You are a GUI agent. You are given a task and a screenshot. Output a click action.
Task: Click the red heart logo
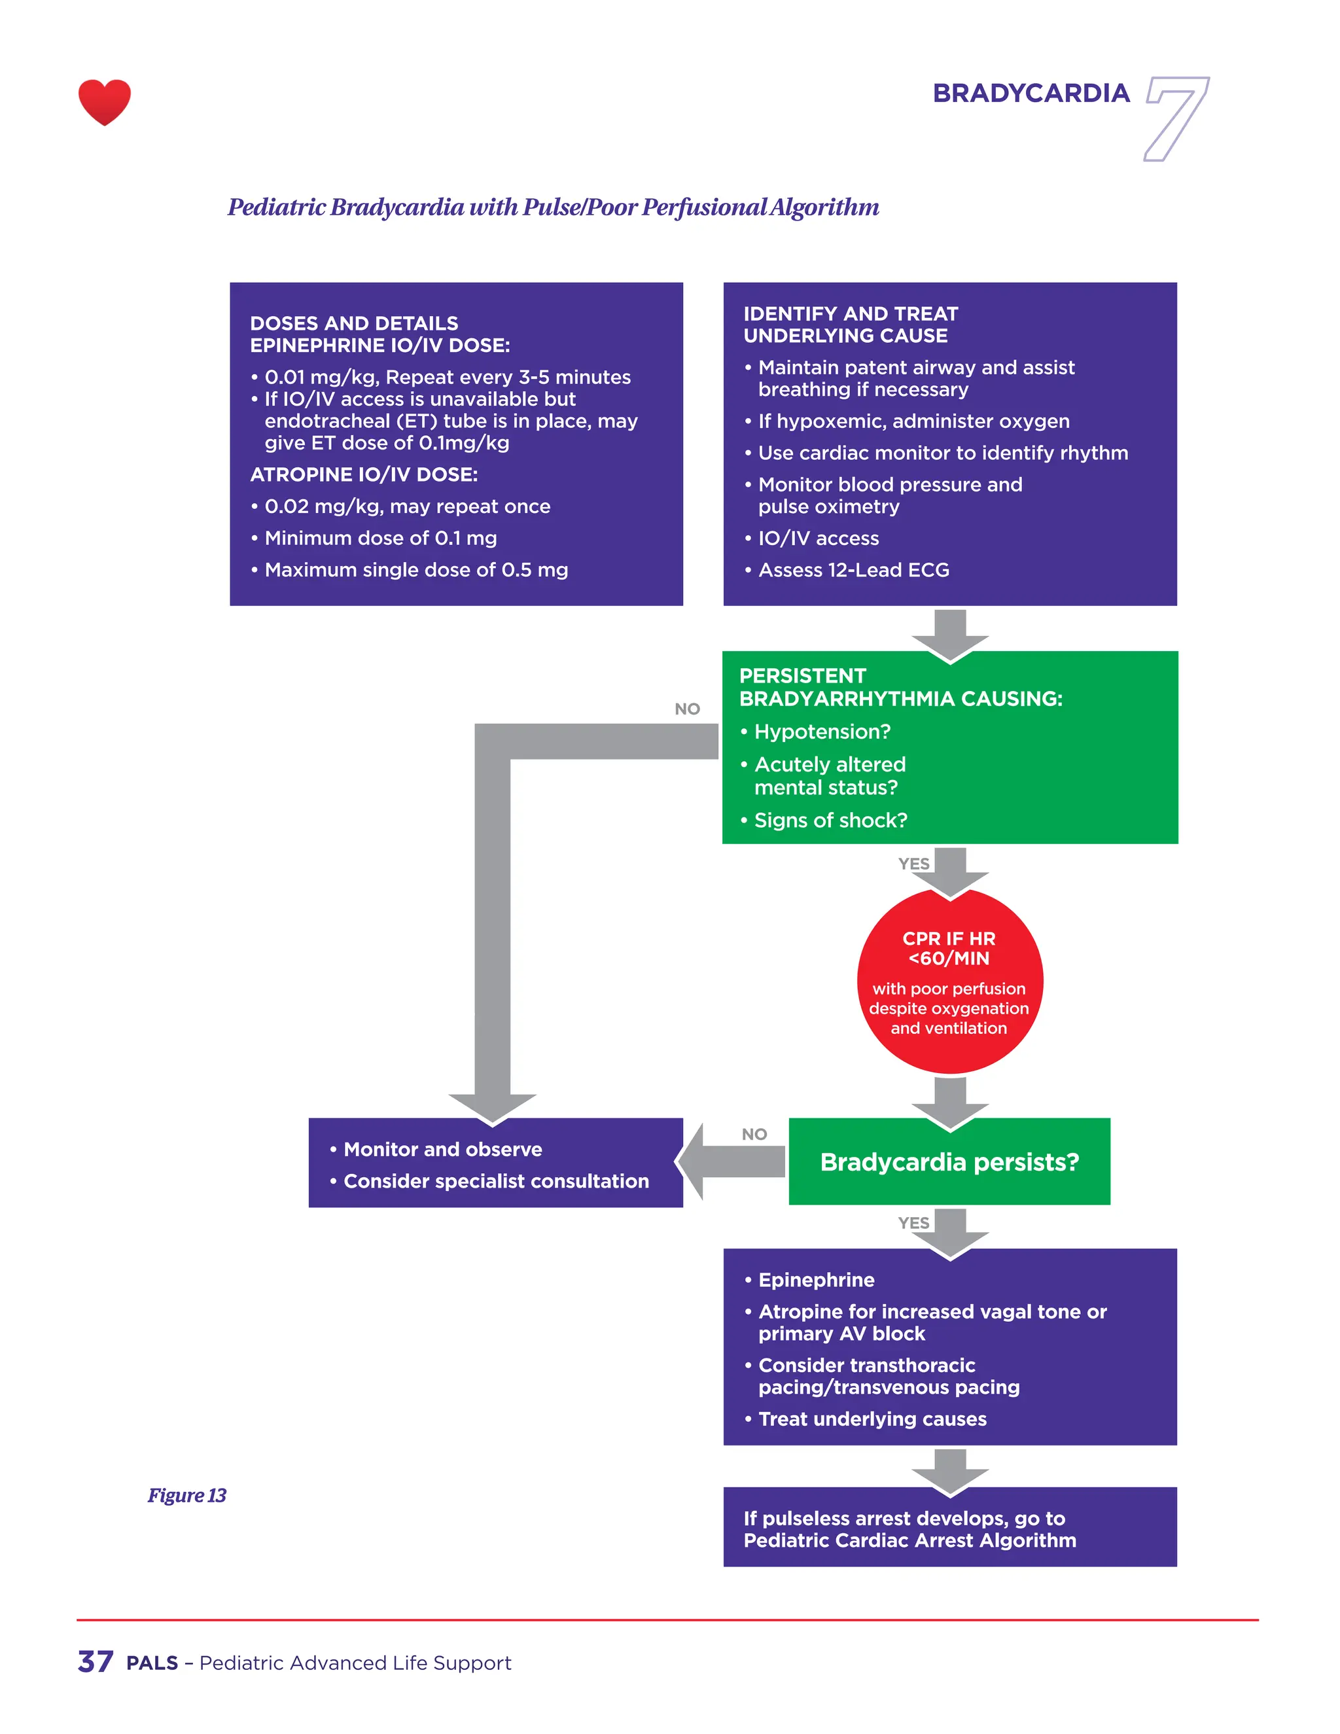104,101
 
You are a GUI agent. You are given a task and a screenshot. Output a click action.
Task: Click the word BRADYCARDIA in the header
1031,93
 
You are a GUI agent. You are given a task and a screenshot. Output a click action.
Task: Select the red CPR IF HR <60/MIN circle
949,982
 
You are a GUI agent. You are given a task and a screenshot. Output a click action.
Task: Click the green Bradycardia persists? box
949,1161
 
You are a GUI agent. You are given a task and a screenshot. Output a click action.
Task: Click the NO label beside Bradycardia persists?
754,1134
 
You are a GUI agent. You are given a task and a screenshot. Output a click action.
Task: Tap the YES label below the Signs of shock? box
913,864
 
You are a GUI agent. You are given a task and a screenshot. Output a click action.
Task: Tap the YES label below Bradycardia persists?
913,1223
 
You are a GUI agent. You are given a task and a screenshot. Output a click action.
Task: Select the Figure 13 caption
186,1495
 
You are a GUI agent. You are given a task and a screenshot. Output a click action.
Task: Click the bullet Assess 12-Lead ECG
853,570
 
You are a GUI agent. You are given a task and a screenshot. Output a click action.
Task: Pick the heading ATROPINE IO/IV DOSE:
364,475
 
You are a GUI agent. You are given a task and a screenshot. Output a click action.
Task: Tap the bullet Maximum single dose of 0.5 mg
416,570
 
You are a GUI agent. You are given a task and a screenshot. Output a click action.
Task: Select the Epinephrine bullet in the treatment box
816,1280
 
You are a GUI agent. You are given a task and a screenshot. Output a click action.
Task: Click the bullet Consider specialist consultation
495,1181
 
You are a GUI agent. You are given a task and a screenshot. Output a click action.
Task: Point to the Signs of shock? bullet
830,820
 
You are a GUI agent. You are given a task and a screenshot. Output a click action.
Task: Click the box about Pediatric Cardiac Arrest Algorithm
949,1529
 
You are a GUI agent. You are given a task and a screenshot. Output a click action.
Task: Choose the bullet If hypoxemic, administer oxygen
913,421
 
